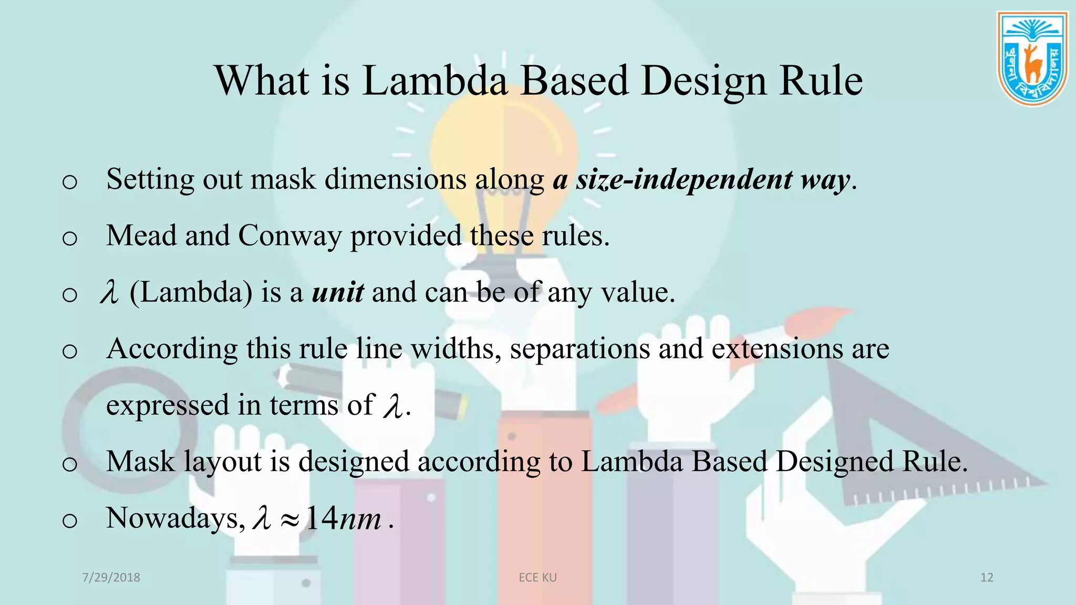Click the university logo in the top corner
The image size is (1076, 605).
coord(1032,59)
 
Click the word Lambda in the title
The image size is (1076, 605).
coord(435,81)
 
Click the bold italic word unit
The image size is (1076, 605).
coord(337,293)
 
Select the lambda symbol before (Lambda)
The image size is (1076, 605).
coord(109,293)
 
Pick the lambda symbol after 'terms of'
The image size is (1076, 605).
coord(393,406)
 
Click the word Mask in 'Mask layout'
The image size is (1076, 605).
coord(140,462)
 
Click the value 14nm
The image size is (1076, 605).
coord(343,519)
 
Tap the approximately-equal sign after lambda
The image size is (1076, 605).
coord(289,520)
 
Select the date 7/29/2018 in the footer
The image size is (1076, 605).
coord(111,578)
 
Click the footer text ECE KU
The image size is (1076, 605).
coord(537,578)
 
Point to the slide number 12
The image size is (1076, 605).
coord(987,578)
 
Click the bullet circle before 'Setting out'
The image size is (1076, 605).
coord(69,182)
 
